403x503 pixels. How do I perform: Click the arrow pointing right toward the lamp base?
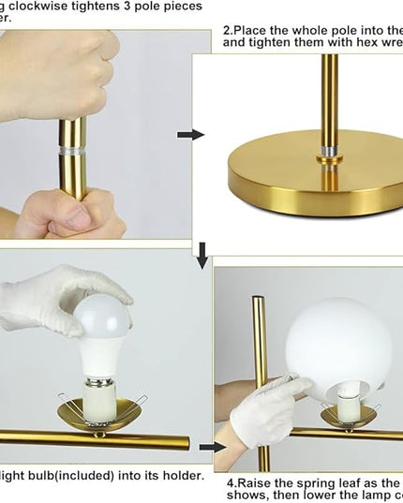click(x=190, y=135)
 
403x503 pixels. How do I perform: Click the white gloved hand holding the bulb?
click(x=56, y=300)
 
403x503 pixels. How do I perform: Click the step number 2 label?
click(x=228, y=30)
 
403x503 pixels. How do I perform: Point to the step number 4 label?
click(x=230, y=482)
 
